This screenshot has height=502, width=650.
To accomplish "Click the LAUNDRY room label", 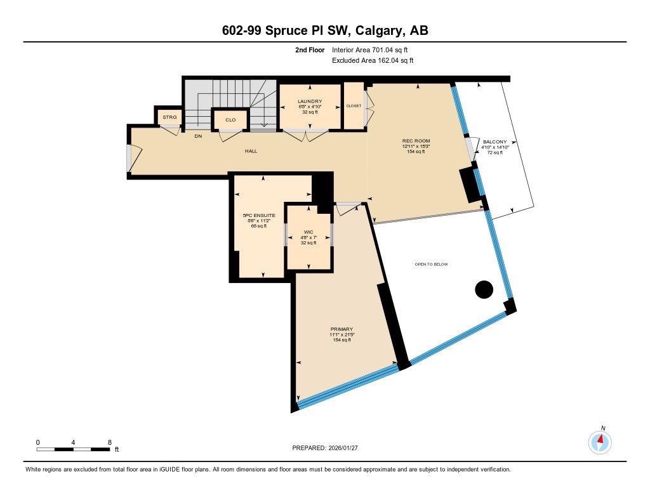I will (x=310, y=102).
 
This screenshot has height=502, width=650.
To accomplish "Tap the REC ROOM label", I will (x=416, y=141).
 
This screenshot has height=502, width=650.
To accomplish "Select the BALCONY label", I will (x=494, y=142).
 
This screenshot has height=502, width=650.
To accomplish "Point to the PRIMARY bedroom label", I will (x=342, y=329).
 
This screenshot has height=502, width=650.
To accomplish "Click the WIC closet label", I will (x=308, y=232).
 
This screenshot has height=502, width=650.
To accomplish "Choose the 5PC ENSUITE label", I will (x=259, y=216).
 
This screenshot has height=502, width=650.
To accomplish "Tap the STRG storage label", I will (x=169, y=117).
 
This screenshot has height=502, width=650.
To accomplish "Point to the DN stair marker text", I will (x=198, y=136).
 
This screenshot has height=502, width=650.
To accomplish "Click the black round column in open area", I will (x=484, y=289).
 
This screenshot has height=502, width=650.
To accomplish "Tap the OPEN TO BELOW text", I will (x=431, y=264).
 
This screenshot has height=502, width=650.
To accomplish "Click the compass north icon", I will (x=600, y=441).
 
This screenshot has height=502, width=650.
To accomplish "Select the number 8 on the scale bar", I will (x=110, y=442).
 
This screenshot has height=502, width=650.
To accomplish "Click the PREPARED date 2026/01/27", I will (x=347, y=448).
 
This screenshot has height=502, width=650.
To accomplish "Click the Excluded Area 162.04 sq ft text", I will (x=373, y=61).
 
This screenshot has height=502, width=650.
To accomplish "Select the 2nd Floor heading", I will (x=310, y=50).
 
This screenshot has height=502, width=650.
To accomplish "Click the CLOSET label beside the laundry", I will (x=354, y=106).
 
